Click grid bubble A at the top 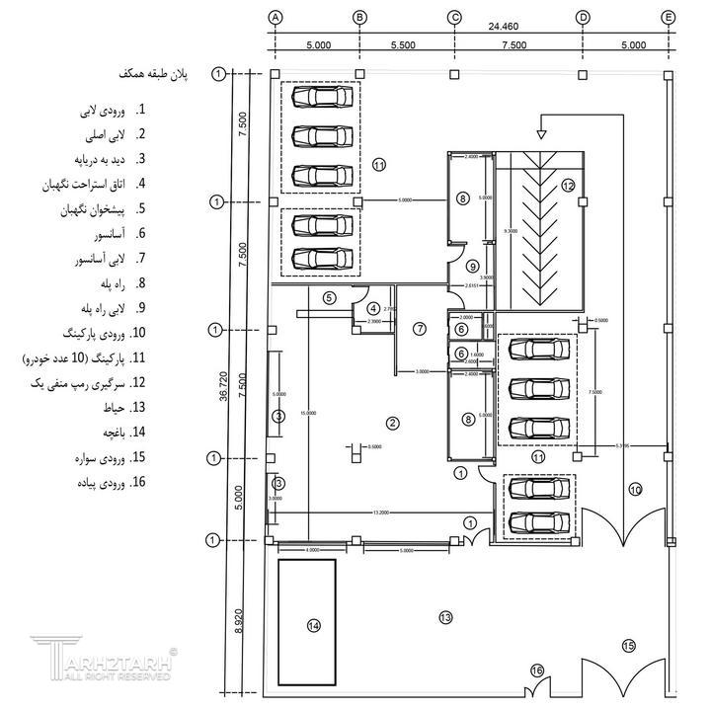[x=276, y=17]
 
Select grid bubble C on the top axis [x=454, y=17]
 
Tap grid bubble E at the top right [x=669, y=17]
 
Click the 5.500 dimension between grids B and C [x=408, y=45]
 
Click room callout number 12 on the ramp [x=568, y=185]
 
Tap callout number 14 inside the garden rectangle [x=314, y=625]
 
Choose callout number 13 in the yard [x=445, y=617]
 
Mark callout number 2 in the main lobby [x=393, y=424]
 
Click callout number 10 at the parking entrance [x=635, y=489]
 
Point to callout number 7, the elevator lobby [x=419, y=328]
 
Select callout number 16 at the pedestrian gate [x=537, y=671]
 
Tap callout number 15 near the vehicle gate [x=628, y=646]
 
